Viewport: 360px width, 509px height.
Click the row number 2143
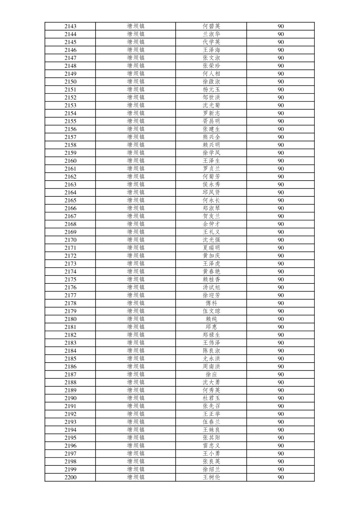tap(70, 26)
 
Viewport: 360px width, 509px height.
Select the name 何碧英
tap(211, 26)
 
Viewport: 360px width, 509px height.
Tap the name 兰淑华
tap(211, 34)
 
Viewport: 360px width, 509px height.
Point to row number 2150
tap(70, 82)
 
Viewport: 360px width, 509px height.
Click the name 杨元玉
tap(211, 89)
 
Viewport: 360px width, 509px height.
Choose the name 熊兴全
tap(211, 137)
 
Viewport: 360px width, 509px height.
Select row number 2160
tap(70, 161)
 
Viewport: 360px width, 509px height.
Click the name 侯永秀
tap(211, 185)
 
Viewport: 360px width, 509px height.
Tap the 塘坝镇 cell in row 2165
tap(136, 200)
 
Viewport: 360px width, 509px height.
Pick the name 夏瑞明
tap(211, 248)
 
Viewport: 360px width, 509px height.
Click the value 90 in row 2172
tap(281, 256)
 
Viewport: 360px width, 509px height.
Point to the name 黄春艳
tap(211, 272)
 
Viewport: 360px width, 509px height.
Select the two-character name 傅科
tap(211, 303)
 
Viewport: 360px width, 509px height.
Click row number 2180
tap(70, 319)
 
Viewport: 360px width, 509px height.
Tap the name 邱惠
tap(211, 327)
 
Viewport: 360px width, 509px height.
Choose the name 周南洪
tap(211, 367)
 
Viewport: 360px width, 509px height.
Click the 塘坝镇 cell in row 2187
tap(136, 375)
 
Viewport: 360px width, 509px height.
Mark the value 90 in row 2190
tap(281, 398)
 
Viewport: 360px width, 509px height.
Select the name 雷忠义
tap(211, 446)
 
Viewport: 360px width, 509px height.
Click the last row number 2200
tap(70, 478)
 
